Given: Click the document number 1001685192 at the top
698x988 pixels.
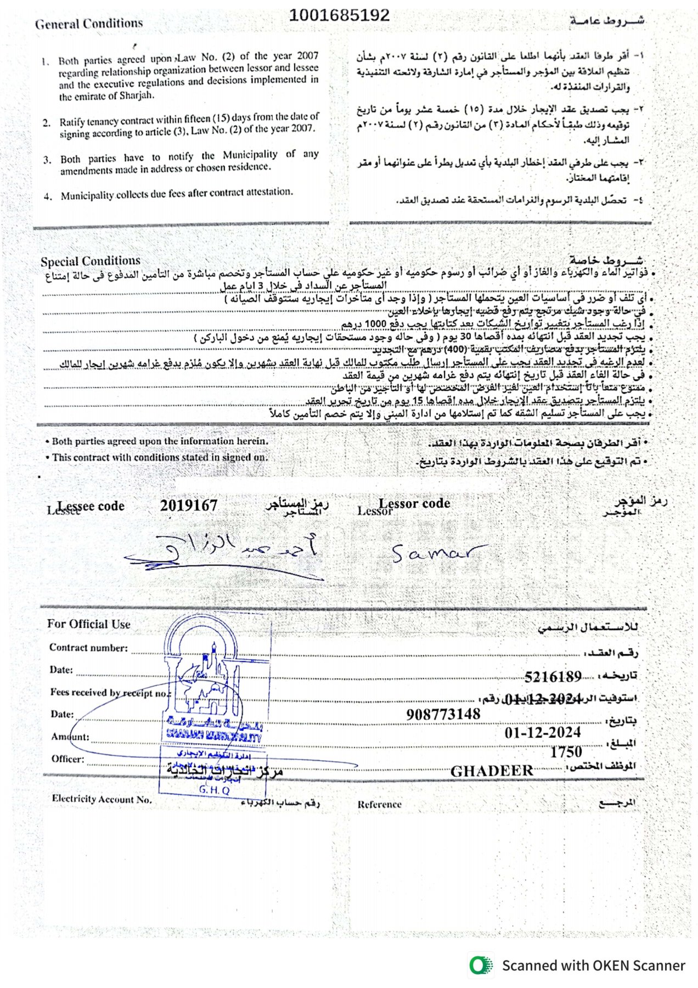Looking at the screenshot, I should pyautogui.click(x=339, y=15).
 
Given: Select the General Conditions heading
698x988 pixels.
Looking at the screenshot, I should pyautogui.click(x=89, y=24).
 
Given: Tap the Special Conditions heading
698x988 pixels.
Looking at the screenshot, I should pyautogui.click(x=91, y=261).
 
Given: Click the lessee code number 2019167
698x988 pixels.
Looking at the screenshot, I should pyautogui.click(x=189, y=506).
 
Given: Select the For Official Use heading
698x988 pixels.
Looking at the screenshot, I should pyautogui.click(x=89, y=624).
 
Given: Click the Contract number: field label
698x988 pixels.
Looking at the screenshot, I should pyautogui.click(x=88, y=648).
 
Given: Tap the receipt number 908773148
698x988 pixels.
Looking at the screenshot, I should pyautogui.click(x=443, y=714).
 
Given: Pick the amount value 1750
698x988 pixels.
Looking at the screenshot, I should pyautogui.click(x=566, y=752).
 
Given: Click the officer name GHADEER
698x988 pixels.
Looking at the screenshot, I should pyautogui.click(x=492, y=771).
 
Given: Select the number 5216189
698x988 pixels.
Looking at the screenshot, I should pyautogui.click(x=553, y=676).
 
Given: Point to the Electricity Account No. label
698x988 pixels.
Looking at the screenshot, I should pyautogui.click(x=102, y=799).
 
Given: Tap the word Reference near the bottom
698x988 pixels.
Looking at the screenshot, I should pyautogui.click(x=380, y=804).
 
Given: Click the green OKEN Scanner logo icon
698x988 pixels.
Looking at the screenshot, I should pyautogui.click(x=481, y=965).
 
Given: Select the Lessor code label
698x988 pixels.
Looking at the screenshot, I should pyautogui.click(x=414, y=503).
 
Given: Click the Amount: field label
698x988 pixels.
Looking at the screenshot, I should pyautogui.click(x=70, y=737).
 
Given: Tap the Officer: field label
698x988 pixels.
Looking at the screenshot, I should pyautogui.click(x=68, y=759).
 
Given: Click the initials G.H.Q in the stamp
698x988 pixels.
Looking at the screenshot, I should pyautogui.click(x=214, y=790).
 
